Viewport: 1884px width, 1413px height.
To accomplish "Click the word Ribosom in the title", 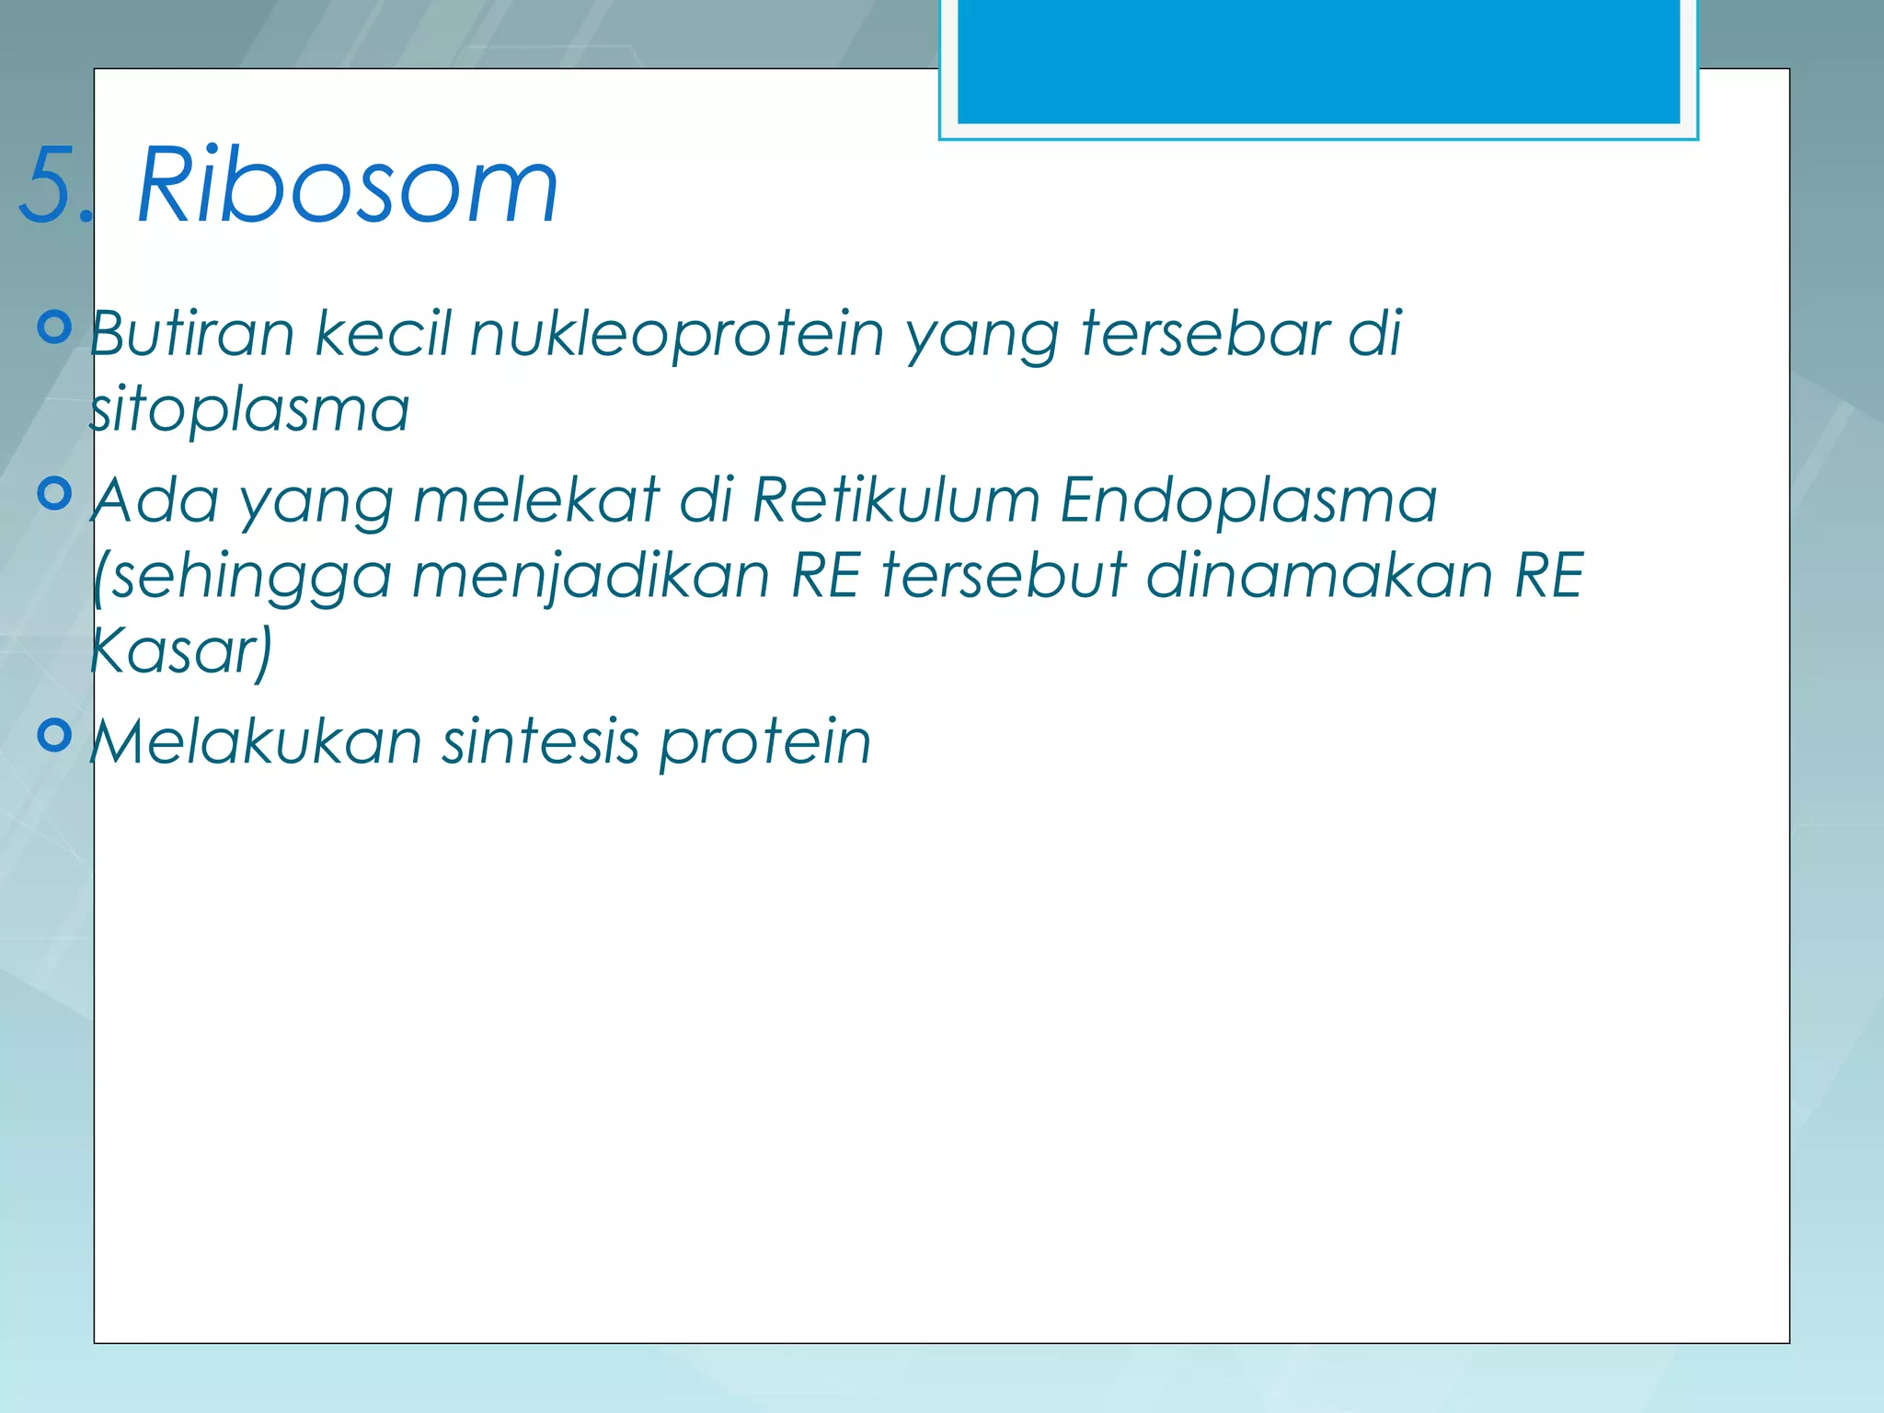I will coord(348,187).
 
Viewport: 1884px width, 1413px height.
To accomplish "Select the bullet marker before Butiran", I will coord(55,327).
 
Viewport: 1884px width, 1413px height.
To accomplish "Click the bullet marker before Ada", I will coord(55,494).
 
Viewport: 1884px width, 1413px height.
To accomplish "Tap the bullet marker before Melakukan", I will coord(55,735).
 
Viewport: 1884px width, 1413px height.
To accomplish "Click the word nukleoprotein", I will coord(677,335).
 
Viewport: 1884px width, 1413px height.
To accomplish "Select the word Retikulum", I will coord(896,500).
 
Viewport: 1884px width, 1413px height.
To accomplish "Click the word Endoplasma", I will coord(1247,500).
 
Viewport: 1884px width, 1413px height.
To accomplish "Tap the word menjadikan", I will coord(591,578).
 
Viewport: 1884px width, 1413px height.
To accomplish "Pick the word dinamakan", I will coord(1319,576).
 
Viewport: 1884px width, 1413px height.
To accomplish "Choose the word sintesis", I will coord(540,741).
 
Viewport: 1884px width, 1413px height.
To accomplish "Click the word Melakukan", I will coord(256,741).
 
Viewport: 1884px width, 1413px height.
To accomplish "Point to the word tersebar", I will coord(1204,333).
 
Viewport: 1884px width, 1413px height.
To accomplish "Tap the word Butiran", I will coord(192,333).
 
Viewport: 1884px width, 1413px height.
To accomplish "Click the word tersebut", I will coord(1003,576).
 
